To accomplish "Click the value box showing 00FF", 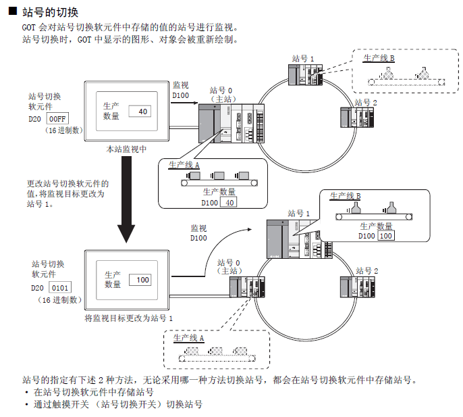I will pos(59,120).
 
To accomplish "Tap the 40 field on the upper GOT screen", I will pos(142,111).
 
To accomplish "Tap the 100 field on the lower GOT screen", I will pos(143,280).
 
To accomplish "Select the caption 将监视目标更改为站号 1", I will pos(129,318).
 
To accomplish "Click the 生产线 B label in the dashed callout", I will pos(379,59).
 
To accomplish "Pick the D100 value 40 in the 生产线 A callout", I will pos(229,202).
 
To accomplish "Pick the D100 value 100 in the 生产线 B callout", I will pos(386,236).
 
